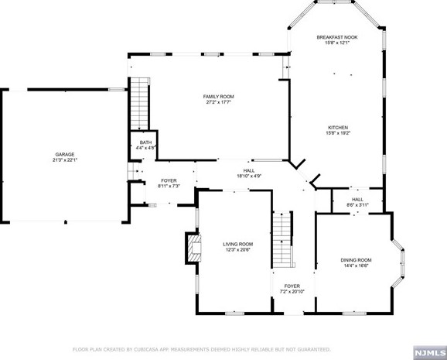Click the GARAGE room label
point(65,154)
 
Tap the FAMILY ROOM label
point(218,97)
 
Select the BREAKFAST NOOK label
point(337,37)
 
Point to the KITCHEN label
point(338,127)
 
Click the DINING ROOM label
point(356,260)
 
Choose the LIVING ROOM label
point(238,244)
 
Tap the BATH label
point(145,142)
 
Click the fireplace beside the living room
point(193,248)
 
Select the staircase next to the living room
point(283,239)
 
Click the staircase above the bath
point(140,104)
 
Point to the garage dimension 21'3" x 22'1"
point(65,160)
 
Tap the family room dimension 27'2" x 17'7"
point(218,102)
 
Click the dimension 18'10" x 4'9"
point(249,177)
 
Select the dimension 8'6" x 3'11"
point(358,204)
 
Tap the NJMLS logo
point(430,353)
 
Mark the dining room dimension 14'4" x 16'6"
point(356,266)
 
